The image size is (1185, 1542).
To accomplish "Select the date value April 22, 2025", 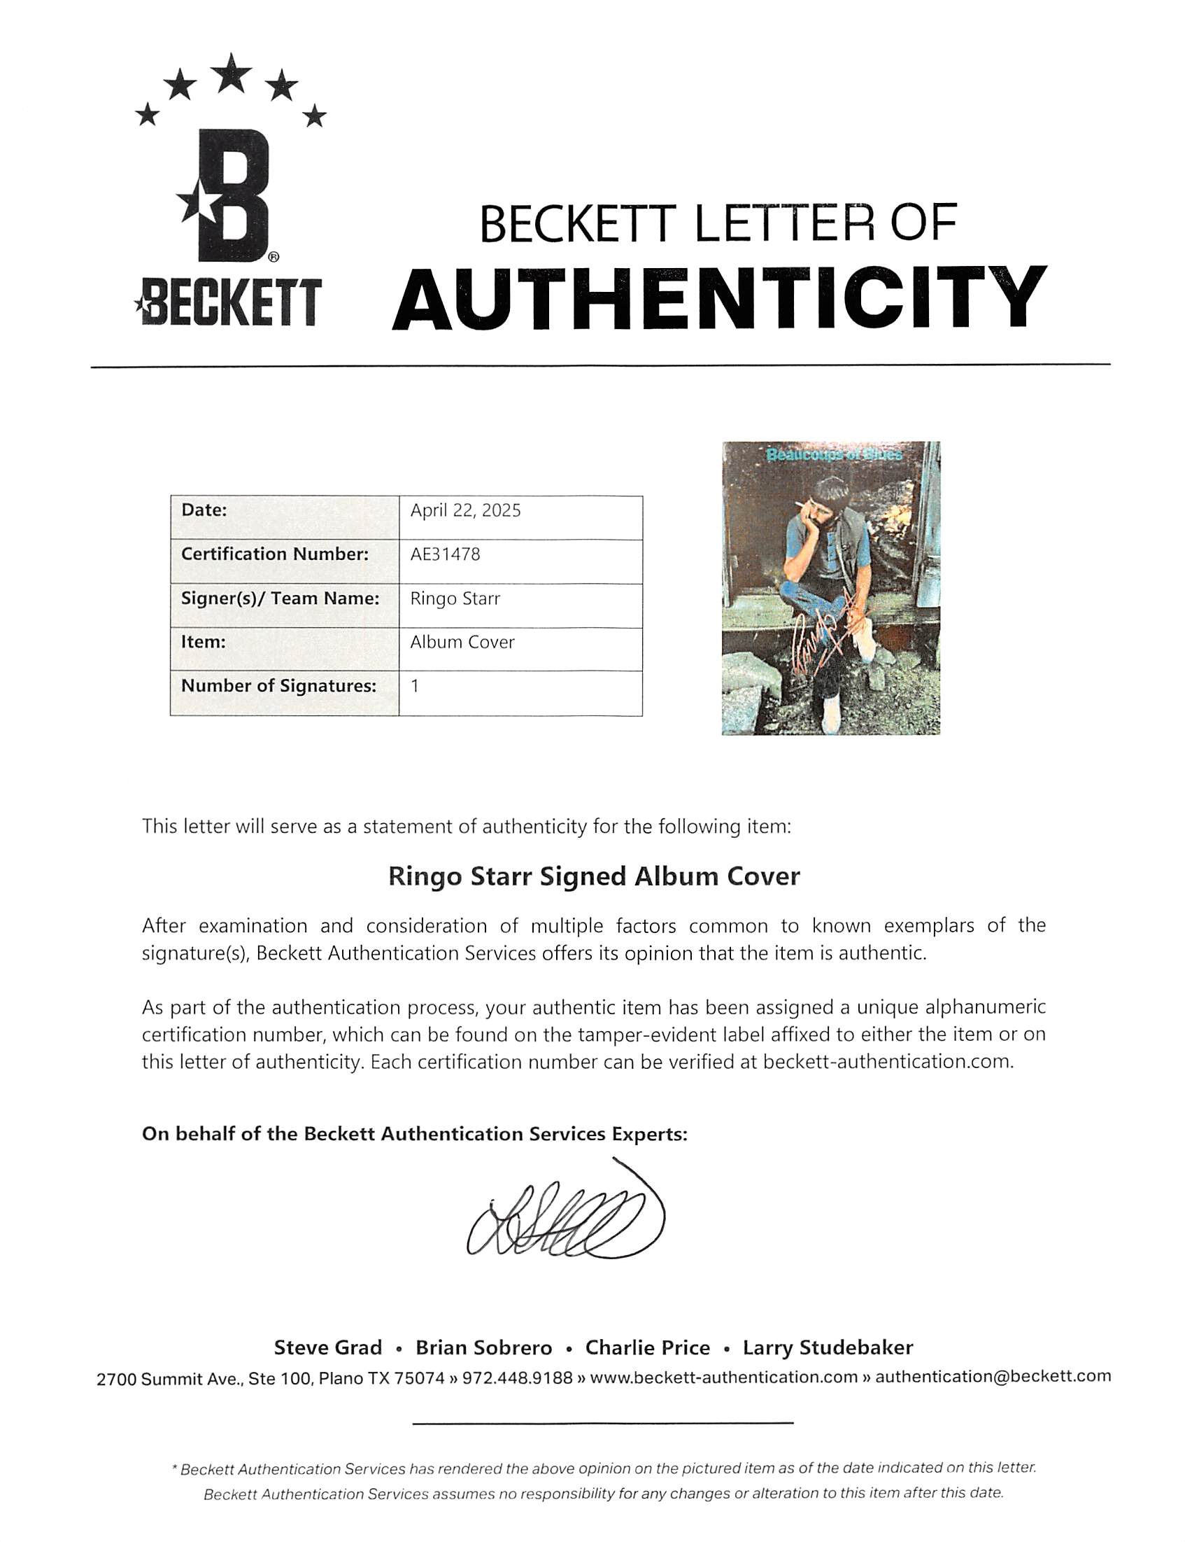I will click(x=466, y=510).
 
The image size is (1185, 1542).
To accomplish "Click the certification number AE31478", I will click(x=445, y=554).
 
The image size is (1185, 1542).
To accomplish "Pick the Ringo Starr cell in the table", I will click(x=455, y=598).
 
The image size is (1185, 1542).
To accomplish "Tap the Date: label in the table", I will click(x=204, y=510).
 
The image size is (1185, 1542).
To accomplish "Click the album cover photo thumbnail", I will click(x=830, y=588).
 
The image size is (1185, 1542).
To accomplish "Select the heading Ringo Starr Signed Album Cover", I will click(x=594, y=876).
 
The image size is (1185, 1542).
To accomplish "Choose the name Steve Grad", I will click(x=328, y=1347).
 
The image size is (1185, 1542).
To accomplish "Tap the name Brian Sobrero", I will click(x=483, y=1347).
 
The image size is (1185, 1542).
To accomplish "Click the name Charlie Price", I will click(x=647, y=1347).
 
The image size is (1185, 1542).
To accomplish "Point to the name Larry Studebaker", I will click(x=828, y=1347).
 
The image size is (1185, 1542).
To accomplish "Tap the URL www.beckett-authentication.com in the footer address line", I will click(x=723, y=1377).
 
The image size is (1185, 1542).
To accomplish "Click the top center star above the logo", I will click(x=232, y=73).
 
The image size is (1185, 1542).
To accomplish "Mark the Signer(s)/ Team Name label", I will click(x=280, y=598).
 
